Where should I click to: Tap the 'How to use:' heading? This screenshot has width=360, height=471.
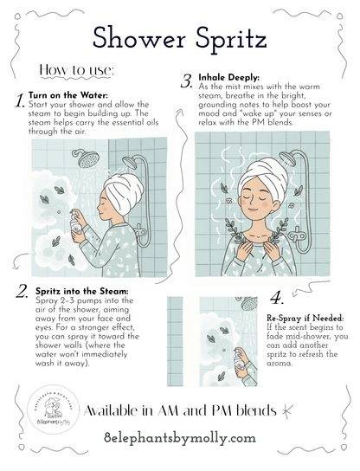point(77,70)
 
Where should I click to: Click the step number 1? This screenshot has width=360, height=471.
point(20,100)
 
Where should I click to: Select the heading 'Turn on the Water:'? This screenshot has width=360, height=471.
point(68,95)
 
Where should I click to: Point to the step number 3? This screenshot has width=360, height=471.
point(186,81)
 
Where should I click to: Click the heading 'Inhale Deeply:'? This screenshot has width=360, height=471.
point(228,77)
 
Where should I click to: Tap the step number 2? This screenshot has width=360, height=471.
point(22,292)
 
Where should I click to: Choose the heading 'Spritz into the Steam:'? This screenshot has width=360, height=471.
point(82,291)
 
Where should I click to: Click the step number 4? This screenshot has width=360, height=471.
point(277,298)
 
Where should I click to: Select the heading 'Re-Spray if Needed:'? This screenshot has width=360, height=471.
point(305,318)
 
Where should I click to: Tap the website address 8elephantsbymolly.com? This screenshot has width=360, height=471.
point(180,438)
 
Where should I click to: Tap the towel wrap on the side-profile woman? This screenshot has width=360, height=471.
point(123,191)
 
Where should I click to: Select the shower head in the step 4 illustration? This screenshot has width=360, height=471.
point(247,303)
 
